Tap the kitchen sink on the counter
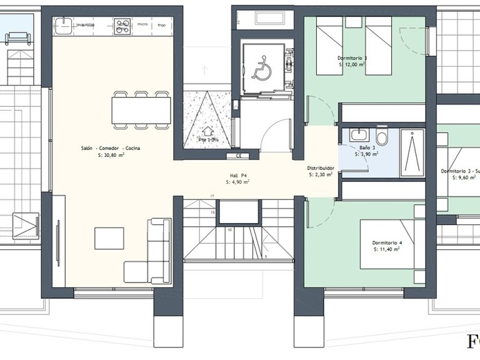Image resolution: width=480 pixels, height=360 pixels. click(x=63, y=26)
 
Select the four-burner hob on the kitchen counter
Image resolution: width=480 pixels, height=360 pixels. click(x=122, y=26)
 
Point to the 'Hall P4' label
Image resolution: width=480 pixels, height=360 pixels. click(x=238, y=176)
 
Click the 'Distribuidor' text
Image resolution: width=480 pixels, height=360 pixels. click(x=321, y=168)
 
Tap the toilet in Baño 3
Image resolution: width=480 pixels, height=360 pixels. click(x=382, y=137)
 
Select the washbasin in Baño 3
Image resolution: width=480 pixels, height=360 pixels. click(x=358, y=135)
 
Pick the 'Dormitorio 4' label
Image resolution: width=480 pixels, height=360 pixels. click(x=387, y=242)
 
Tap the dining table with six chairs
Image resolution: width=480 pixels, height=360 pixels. click(x=141, y=111)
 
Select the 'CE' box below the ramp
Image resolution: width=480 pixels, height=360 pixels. click(x=238, y=156)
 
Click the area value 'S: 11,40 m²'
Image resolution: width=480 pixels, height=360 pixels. click(x=387, y=249)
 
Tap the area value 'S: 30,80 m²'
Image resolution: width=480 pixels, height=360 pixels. click(x=111, y=156)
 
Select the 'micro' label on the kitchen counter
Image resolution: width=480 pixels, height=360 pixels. click(x=142, y=25)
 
